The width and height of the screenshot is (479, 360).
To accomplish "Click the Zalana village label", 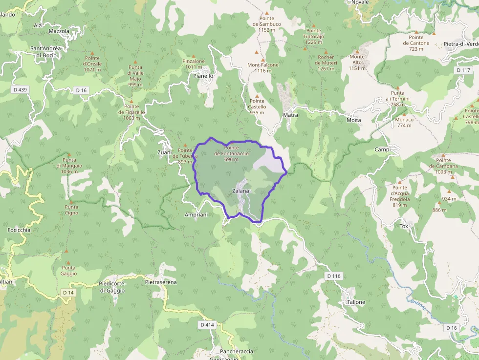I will (240, 191).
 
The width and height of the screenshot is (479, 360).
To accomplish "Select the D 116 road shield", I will (333, 276).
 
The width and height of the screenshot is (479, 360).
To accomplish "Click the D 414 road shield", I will (207, 324).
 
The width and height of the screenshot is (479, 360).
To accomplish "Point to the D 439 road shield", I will (21, 89).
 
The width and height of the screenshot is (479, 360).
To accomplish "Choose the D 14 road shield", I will (68, 292).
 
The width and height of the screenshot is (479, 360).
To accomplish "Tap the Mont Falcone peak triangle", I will (262, 59).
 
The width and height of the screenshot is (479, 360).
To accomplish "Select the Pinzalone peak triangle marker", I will (194, 56).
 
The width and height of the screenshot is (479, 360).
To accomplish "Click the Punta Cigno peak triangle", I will (71, 201).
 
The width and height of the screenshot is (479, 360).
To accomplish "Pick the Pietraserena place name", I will (161, 282).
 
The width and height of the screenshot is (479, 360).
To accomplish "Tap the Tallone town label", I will (356, 302).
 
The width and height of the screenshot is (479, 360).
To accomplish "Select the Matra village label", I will (290, 115).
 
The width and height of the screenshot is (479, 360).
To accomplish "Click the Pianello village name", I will (203, 76).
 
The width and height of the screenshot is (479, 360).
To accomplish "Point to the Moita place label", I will (353, 120).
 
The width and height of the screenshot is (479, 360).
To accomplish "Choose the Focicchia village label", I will (19, 230).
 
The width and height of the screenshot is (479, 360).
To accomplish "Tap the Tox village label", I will (404, 226).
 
